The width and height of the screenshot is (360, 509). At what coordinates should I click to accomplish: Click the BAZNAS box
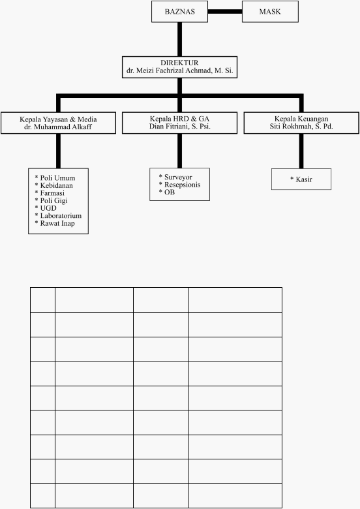(180, 12)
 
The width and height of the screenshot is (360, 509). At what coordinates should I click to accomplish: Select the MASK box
(270, 12)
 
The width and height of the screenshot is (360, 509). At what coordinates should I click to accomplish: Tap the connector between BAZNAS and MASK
(225, 12)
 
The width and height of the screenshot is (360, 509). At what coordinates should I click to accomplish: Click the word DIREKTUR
(179, 63)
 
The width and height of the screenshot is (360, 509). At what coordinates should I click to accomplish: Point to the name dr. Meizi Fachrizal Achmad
(168, 70)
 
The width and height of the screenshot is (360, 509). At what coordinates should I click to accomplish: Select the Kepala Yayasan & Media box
(59, 123)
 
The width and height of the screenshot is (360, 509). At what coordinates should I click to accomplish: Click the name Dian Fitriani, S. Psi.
(180, 127)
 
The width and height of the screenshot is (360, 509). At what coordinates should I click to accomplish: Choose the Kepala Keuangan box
(301, 123)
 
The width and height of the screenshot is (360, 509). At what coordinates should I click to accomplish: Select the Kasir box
(301, 179)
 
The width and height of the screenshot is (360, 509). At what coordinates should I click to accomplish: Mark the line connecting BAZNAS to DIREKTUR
(180, 39)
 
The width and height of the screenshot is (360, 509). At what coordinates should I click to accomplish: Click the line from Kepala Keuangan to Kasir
(301, 151)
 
